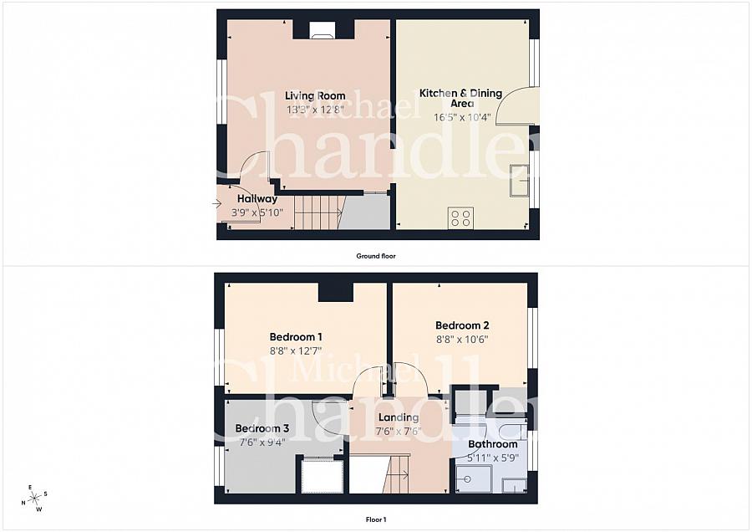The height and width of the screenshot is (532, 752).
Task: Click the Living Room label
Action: (x=315, y=96)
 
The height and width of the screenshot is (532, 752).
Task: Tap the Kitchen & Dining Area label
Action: (x=461, y=98)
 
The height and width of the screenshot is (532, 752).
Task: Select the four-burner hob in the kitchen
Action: (x=460, y=218)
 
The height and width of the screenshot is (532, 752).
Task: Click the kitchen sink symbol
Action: (x=520, y=180)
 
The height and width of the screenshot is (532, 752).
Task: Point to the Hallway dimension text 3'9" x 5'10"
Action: (x=257, y=212)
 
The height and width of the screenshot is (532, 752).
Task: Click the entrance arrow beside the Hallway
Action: (x=217, y=203)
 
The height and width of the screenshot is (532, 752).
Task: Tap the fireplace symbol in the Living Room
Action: (x=323, y=31)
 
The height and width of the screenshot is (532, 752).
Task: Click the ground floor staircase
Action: (x=318, y=212)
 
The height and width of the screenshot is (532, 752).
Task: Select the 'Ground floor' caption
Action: (x=375, y=256)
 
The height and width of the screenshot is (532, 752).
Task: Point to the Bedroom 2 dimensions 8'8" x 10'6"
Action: (x=462, y=340)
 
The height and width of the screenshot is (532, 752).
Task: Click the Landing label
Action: (x=399, y=418)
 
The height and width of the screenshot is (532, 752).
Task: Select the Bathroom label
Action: (x=492, y=444)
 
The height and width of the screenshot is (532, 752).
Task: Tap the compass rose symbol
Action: (x=34, y=499)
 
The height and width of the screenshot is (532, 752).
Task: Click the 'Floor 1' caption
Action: (x=376, y=519)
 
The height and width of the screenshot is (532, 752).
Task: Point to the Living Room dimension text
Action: (x=315, y=109)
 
